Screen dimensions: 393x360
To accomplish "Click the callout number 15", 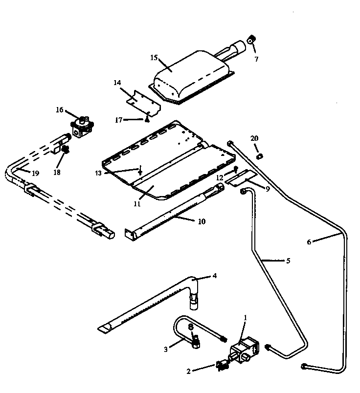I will coord(154,57).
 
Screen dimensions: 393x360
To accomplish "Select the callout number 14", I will coord(117,83).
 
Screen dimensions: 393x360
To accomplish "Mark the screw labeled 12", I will coord(236,170).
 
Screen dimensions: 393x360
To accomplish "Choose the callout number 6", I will coord(309,241).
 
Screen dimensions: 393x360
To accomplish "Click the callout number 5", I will coord(288,261).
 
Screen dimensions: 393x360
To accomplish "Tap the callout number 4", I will coord(214,276).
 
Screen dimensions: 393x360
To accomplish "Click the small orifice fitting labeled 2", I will coord(223,365).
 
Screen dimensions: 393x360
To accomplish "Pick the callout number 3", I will coord(166,349).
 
